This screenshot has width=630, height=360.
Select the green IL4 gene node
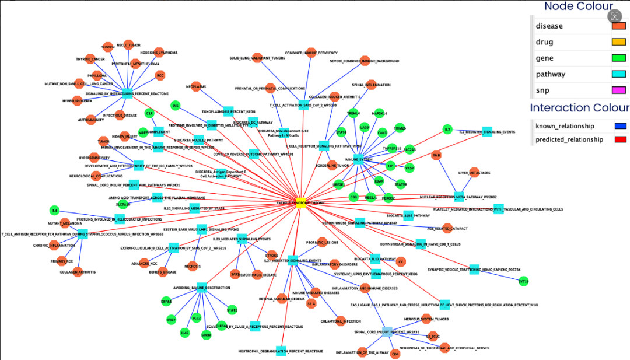(54, 210)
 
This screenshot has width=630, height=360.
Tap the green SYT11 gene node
(523, 281)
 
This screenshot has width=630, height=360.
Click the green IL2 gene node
(447, 129)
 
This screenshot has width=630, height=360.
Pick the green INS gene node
(175, 105)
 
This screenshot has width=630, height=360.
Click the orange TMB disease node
(436, 155)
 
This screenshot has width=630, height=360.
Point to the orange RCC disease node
(160, 75)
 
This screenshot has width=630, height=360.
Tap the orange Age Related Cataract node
(447, 228)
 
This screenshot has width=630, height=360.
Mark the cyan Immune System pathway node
(358, 159)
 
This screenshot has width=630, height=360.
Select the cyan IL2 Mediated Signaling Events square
(487, 132)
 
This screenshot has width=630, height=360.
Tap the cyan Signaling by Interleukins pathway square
(127, 93)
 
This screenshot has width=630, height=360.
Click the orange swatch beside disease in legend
(618, 26)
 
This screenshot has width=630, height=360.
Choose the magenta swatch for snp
(618, 90)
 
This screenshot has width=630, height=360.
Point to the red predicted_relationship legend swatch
(621, 139)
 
